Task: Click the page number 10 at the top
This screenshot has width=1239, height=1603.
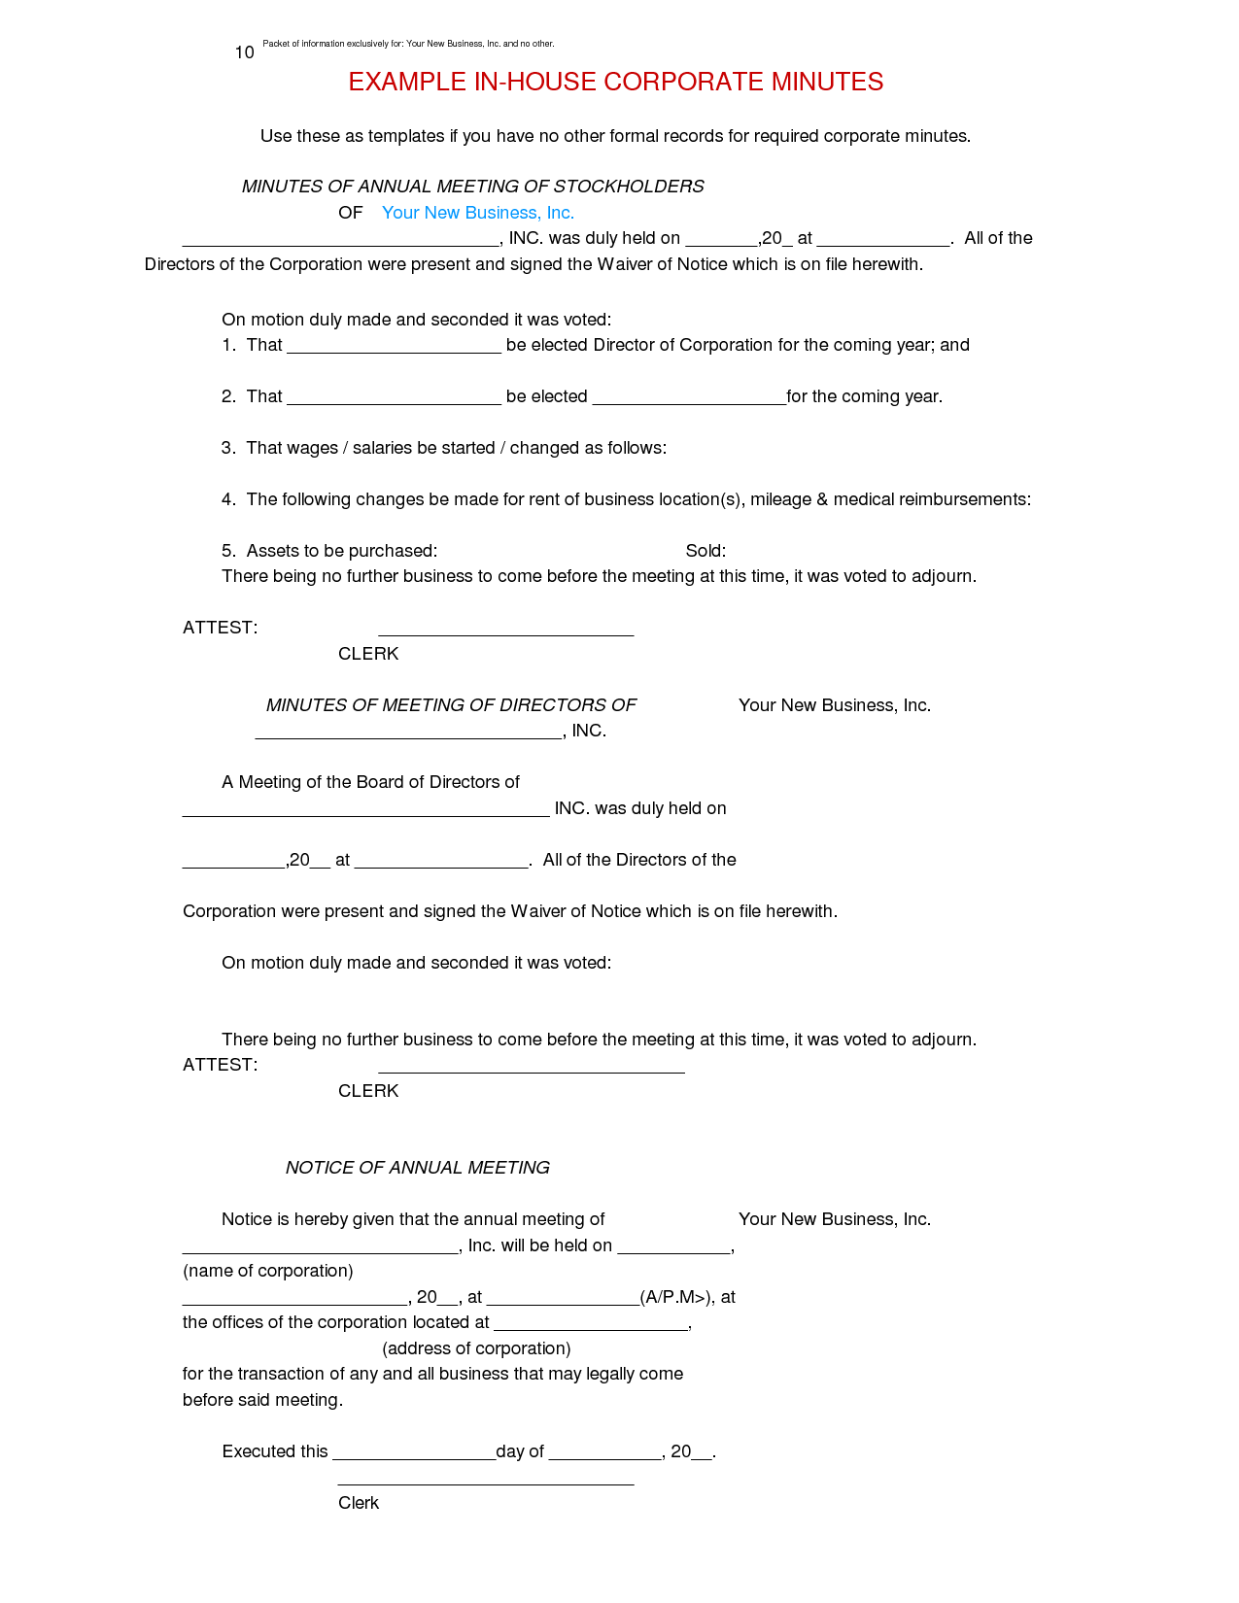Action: (x=244, y=52)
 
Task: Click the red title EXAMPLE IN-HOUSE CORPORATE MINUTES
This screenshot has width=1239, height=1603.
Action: (x=615, y=82)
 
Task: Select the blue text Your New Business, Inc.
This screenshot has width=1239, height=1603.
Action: (x=477, y=213)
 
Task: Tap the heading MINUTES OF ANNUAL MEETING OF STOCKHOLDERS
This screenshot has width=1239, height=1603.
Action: (x=472, y=187)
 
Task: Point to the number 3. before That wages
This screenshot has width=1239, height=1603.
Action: (x=228, y=448)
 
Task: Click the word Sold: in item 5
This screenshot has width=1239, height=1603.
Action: (x=706, y=551)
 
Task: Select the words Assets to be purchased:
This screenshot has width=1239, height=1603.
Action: (x=341, y=551)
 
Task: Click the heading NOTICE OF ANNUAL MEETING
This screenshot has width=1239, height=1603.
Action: (x=417, y=1168)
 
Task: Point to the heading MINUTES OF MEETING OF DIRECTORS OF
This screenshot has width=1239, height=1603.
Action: (x=451, y=705)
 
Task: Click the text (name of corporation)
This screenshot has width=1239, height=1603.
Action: (x=267, y=1271)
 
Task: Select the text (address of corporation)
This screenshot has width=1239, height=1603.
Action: (x=476, y=1348)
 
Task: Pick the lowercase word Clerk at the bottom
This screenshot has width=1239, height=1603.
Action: (x=358, y=1503)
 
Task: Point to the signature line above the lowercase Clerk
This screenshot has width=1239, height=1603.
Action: (x=485, y=1484)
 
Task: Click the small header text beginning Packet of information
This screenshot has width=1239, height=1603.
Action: (x=408, y=44)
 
